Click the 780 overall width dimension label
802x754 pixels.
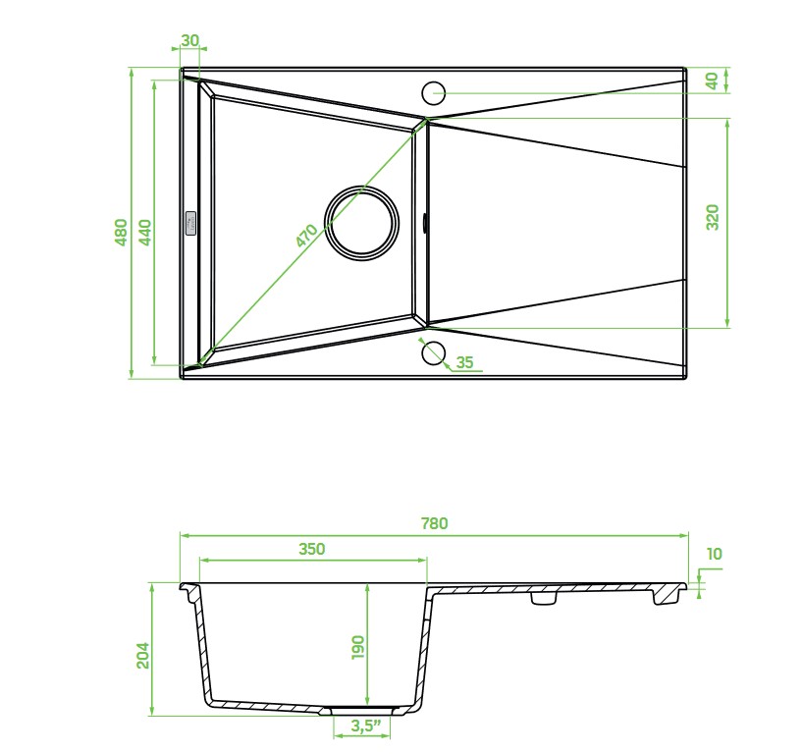pos(434,523)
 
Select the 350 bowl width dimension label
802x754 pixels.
pos(311,549)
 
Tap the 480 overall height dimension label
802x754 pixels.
pos(121,233)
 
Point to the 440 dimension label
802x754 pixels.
pos(145,233)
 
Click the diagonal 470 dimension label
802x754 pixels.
pos(307,236)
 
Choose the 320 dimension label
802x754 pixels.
pos(713,217)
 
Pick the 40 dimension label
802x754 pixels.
pos(712,81)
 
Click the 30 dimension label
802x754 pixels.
pos(189,40)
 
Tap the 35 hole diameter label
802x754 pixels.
pos(464,362)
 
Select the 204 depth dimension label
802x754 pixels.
pos(142,655)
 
